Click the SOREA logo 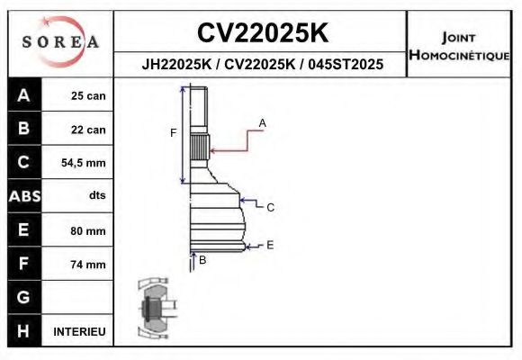coord(60,42)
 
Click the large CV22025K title coord(262,32)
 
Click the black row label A coord(23,95)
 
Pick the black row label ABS coord(23,196)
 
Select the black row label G coord(23,297)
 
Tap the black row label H coord(23,330)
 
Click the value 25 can coord(88,96)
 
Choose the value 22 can coord(88,130)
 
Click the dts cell coord(96,196)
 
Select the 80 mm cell coord(88,230)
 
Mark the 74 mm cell coord(88,265)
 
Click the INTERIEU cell coord(79,332)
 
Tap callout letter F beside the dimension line coord(173,133)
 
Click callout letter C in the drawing coord(270,207)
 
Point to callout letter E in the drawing coord(270,245)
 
